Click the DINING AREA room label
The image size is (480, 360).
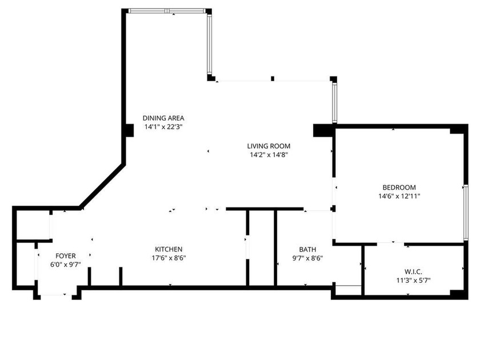pyautogui.click(x=163, y=118)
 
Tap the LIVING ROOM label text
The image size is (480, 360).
pyautogui.click(x=269, y=146)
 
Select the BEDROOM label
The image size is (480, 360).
pyautogui.click(x=399, y=187)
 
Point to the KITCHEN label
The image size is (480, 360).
pyautogui.click(x=169, y=249)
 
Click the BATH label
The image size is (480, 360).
pyautogui.click(x=307, y=249)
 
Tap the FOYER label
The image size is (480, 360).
pyautogui.click(x=65, y=255)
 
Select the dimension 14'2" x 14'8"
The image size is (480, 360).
pyautogui.click(x=269, y=154)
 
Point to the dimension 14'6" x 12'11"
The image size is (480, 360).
pyautogui.click(x=399, y=196)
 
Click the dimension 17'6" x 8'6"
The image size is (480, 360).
pyautogui.click(x=169, y=258)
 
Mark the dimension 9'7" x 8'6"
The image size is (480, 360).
pyautogui.click(x=307, y=258)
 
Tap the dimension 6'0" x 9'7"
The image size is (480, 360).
pyautogui.click(x=65, y=264)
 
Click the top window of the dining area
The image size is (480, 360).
pyautogui.click(x=167, y=11)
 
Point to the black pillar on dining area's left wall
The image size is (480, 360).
pyautogui.click(x=129, y=130)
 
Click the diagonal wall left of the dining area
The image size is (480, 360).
pyautogui.click(x=102, y=185)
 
